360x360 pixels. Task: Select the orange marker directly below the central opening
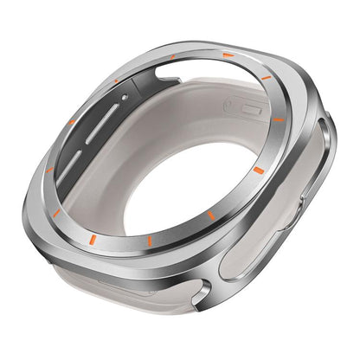[150, 239]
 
